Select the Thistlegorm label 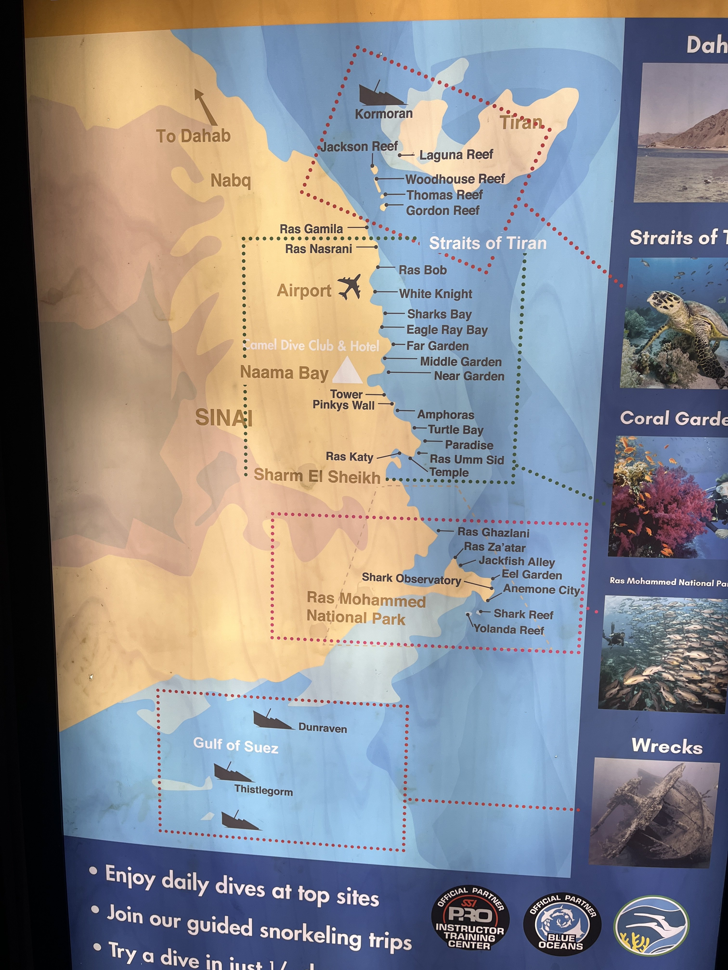[263, 790]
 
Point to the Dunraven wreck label [323, 728]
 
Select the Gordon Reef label [442, 211]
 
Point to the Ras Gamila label [311, 229]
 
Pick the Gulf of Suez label [236, 745]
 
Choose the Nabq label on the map [230, 180]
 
